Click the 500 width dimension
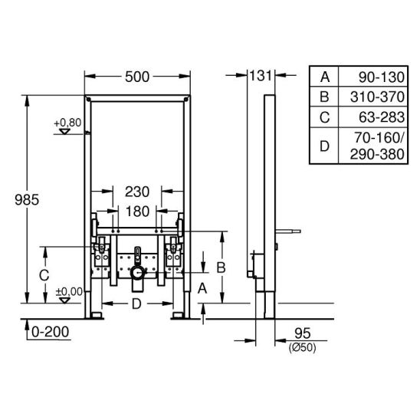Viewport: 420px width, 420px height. (x=137, y=77)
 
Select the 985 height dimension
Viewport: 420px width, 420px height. (x=27, y=200)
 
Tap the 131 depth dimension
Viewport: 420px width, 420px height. (x=261, y=76)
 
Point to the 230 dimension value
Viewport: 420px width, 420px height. (x=137, y=192)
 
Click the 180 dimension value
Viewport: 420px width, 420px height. (x=137, y=212)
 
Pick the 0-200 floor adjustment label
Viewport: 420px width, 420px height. (x=50, y=332)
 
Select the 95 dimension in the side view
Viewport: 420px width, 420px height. (x=303, y=333)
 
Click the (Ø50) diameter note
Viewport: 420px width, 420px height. (x=303, y=348)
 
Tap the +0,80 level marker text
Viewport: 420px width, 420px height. (x=67, y=123)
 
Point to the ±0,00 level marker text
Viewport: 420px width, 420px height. (x=69, y=292)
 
